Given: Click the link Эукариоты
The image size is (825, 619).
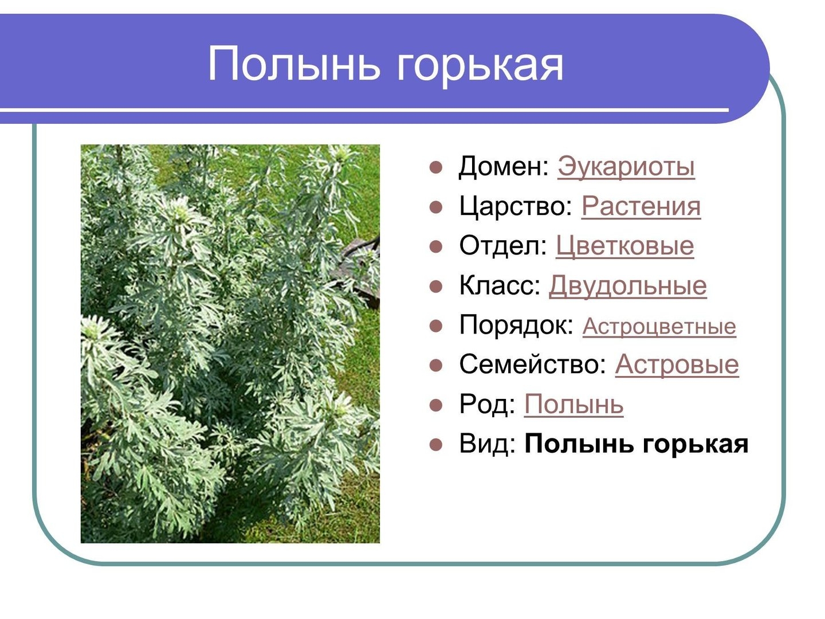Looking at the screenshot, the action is coord(626,166).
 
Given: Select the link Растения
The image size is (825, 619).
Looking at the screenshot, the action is coord(641,206).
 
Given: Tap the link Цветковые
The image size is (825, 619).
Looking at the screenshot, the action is coord(624,246).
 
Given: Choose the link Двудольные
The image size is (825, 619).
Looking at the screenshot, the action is coord(628,285).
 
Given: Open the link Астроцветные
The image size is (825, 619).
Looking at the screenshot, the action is coord(659,326).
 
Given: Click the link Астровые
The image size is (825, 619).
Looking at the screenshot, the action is coord(677,364).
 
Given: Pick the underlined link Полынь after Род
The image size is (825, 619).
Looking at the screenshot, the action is coord(573,405).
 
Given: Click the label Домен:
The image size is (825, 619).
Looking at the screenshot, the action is coord(504,166).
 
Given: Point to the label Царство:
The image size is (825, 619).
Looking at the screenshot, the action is coord(516,206).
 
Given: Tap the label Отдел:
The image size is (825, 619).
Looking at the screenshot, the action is coord(503,246).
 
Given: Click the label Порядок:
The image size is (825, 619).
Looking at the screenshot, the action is coord(516,325).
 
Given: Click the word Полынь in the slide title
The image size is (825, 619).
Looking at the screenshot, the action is coord(293,63).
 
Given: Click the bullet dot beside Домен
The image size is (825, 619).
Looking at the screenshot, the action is coord(435,167).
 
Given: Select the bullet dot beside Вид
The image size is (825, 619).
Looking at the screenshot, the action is coord(435,445).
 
